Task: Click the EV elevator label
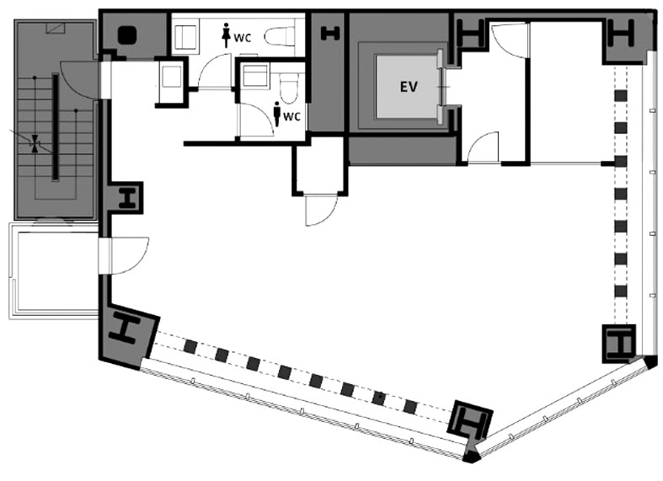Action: pos(409,87)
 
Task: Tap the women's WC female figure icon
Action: pos(227,35)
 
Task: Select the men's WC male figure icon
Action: pos(277,114)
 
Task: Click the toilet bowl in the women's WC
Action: pos(280,36)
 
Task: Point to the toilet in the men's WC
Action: pos(289,88)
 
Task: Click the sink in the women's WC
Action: pos(184,36)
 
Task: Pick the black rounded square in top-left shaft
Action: pos(127,35)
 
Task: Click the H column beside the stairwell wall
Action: pos(127,198)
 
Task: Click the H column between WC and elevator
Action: pos(330,34)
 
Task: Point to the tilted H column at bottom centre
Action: pos(471,420)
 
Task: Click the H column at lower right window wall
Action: pos(619,344)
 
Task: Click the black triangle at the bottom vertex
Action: pos(471,456)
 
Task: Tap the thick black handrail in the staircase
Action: pos(55,127)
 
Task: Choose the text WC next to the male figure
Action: pos(291,116)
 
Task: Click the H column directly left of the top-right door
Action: pos(471,34)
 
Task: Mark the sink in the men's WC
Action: pos(256,76)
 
